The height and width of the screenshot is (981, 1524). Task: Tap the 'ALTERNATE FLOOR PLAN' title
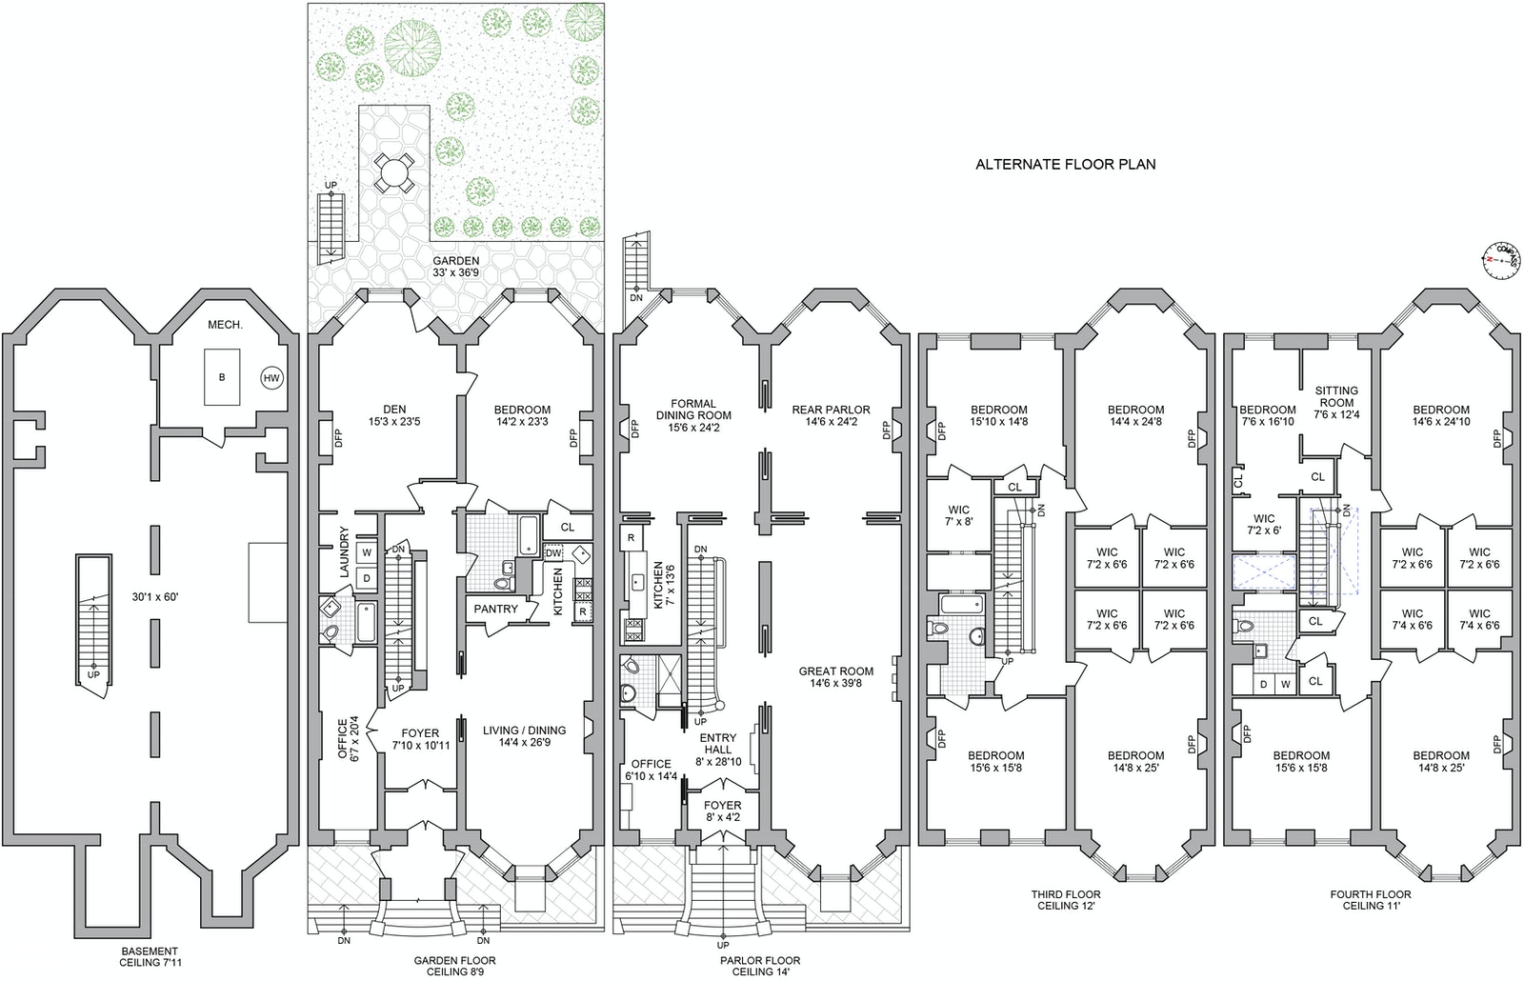coord(1065,164)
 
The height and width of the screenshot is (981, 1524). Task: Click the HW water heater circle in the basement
coord(271,378)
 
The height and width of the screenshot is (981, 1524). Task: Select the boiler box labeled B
coord(222,377)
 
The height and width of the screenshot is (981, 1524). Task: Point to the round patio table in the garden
coord(392,173)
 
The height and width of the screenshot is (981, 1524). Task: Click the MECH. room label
coord(225,325)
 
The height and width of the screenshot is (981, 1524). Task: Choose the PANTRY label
coord(495,609)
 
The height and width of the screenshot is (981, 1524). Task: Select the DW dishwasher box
coord(553,552)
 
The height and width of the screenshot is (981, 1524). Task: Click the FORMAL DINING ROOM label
coord(693,409)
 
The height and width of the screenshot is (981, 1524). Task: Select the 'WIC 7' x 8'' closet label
coord(958,515)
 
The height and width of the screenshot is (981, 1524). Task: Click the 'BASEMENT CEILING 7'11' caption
coord(149,956)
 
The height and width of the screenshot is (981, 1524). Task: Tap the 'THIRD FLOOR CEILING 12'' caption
coord(1065,900)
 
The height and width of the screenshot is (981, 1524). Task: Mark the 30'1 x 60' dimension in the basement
coord(155,597)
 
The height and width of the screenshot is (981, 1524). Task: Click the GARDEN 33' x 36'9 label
coord(455,267)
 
